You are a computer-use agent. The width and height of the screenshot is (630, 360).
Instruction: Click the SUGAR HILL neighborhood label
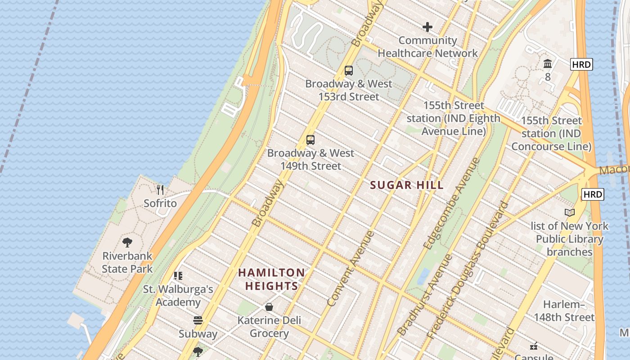(x=406, y=185)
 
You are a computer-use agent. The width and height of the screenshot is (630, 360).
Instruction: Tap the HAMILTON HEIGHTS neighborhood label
(x=271, y=279)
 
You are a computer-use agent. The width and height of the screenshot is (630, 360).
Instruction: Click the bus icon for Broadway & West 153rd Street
(x=349, y=71)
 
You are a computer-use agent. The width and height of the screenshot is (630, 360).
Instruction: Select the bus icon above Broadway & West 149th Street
(x=310, y=140)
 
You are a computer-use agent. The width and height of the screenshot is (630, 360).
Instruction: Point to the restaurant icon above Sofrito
(x=160, y=190)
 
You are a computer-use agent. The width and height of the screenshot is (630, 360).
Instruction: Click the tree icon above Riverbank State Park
(x=127, y=243)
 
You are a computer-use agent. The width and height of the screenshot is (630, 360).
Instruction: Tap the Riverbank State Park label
(x=127, y=262)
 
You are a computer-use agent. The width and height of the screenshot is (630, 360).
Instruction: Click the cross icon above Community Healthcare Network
(x=427, y=27)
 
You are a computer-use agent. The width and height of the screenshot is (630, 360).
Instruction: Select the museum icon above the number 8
(x=548, y=63)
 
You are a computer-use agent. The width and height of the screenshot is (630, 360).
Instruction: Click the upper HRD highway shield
(x=581, y=64)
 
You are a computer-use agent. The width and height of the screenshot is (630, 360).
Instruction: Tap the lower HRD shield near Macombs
(x=593, y=194)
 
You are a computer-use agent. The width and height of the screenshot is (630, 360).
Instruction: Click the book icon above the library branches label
(x=570, y=212)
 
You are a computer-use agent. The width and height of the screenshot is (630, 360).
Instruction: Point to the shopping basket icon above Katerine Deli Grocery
(x=269, y=307)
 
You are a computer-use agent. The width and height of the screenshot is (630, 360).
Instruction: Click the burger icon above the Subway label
(x=198, y=320)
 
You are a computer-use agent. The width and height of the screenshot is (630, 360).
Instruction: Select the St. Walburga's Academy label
(x=178, y=295)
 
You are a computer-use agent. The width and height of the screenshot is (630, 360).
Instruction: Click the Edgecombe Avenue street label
(x=451, y=203)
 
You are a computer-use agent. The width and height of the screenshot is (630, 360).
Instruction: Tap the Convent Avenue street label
(x=351, y=269)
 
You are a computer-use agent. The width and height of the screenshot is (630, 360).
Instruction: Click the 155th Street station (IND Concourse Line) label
(x=551, y=133)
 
